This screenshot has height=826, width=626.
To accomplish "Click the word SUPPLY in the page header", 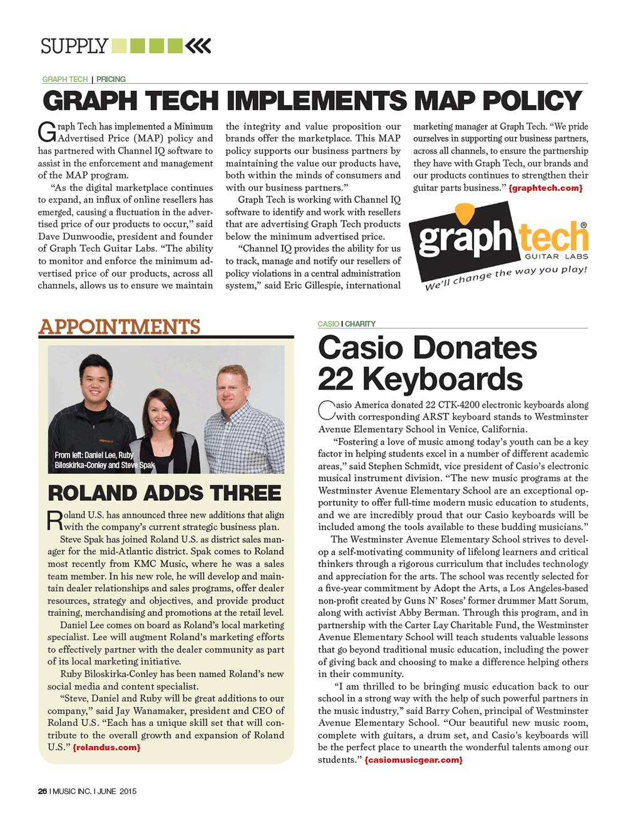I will pos(74,46).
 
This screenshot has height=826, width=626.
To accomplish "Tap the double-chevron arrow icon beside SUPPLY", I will pos(198,46).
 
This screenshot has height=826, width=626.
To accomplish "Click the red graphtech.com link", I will pos(545,188).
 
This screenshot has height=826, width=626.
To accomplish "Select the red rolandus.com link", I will pos(106,748).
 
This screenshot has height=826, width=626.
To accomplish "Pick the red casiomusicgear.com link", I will pos(414,760).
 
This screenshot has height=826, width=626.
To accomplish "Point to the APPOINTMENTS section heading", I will pos(120,327).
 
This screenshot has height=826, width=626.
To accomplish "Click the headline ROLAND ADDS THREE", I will pos(165,493).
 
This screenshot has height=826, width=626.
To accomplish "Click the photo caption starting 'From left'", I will pos(103,460).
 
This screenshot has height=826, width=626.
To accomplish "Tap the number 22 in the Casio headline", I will pos(337,379).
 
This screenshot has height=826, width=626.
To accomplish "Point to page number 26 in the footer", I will pos(43,792).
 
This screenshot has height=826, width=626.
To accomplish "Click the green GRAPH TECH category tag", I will pos(65,80).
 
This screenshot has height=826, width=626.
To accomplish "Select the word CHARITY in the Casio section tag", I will pos(360,324).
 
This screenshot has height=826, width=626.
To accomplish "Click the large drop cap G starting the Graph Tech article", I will pos(47,132).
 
